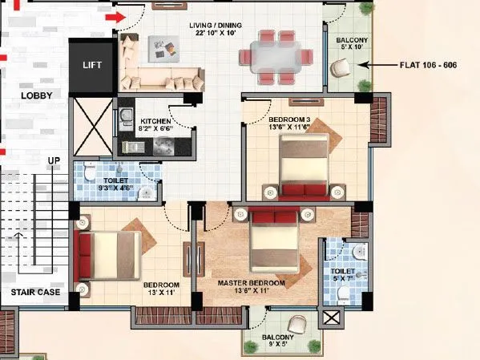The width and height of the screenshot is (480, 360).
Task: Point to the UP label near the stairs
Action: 54,160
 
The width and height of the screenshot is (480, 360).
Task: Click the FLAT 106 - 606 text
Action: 429,65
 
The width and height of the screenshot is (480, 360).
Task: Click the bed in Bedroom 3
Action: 302,165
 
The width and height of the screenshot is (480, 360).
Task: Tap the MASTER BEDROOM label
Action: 252,284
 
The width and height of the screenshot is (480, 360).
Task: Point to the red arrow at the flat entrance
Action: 117,16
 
